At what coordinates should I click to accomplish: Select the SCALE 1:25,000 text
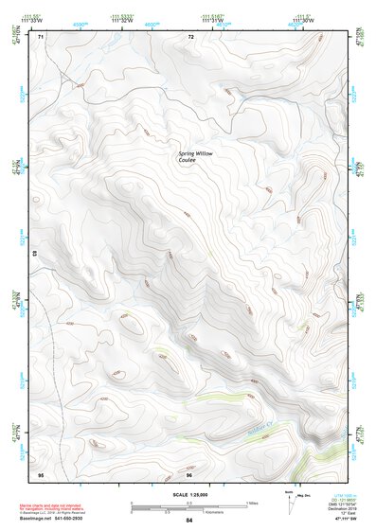tap(188, 494)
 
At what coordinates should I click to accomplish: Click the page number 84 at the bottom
tap(188, 520)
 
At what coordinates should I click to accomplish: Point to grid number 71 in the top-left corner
tap(41, 37)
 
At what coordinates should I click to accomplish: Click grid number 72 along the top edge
tap(191, 37)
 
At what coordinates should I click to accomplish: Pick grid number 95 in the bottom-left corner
tap(41, 473)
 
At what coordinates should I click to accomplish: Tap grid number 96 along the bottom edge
tap(189, 473)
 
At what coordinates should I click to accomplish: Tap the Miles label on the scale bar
tap(253, 502)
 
